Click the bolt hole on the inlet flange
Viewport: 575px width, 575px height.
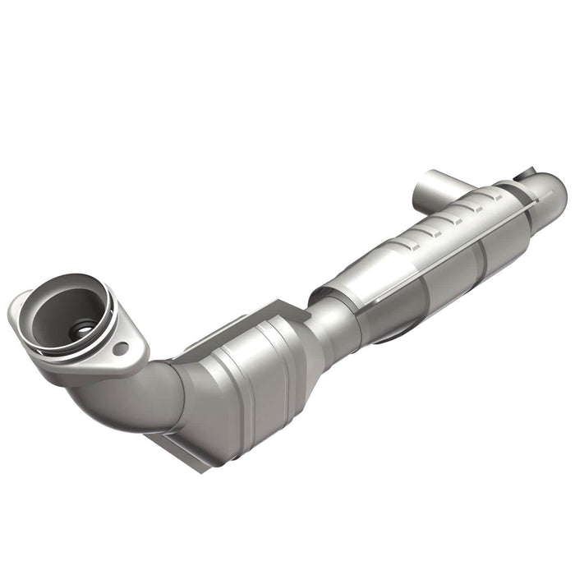coord(121,348)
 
